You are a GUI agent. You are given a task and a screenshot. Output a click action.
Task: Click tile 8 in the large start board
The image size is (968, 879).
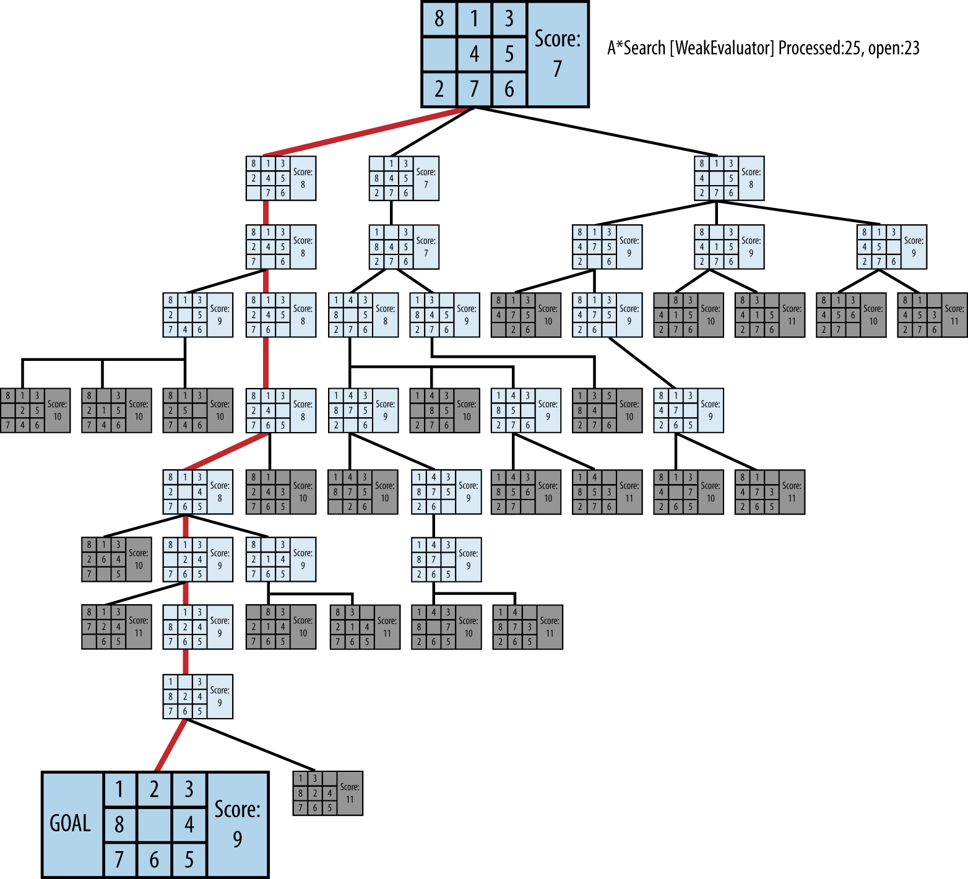[439, 19]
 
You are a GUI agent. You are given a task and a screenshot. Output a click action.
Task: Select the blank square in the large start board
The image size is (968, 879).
[439, 54]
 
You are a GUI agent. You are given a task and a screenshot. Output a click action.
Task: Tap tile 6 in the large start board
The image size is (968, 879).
[509, 89]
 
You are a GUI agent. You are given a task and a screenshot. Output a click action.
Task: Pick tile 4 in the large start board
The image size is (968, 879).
[474, 54]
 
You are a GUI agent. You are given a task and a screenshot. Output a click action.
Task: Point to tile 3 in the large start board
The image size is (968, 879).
[509, 19]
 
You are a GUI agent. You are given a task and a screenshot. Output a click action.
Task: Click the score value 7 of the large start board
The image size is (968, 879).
[558, 68]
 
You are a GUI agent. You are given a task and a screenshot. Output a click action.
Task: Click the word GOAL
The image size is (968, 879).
[70, 823]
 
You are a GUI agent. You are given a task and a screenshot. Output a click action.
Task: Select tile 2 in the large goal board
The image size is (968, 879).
[154, 789]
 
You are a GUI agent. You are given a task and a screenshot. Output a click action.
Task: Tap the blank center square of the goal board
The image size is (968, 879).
[154, 824]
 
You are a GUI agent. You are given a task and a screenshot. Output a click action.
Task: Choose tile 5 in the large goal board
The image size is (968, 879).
[189, 859]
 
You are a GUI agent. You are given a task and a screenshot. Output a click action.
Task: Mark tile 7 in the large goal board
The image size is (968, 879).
[119, 859]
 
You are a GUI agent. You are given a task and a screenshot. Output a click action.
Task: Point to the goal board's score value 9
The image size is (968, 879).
[237, 839]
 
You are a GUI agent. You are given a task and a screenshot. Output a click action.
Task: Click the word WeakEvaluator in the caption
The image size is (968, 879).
[722, 48]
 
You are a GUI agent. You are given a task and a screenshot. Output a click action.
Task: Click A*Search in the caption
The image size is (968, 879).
[636, 48]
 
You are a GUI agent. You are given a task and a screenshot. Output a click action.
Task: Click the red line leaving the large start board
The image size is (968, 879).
[369, 131]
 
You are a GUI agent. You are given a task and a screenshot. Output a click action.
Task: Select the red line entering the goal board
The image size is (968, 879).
[170, 745]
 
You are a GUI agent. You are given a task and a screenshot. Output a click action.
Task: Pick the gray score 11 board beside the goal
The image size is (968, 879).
[327, 793]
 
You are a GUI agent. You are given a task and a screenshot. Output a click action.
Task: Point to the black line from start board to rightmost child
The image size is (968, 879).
[594, 131]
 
